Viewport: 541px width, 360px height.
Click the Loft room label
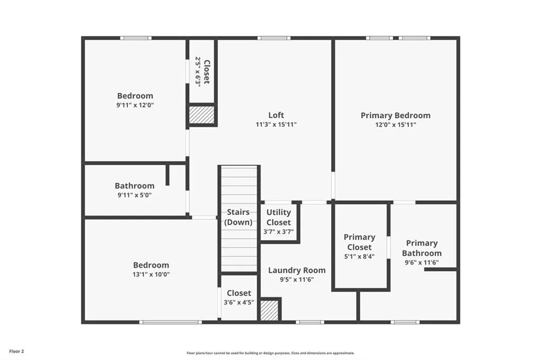tap(276, 115)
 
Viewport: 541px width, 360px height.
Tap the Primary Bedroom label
tap(395, 115)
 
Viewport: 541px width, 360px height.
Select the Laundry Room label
tap(296, 270)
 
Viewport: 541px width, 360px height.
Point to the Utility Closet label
tap(278, 217)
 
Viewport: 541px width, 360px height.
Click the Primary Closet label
tap(359, 242)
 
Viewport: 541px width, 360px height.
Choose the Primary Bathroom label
tap(422, 248)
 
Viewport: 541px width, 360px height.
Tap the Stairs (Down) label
tap(238, 217)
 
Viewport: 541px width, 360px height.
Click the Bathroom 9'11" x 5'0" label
tap(135, 186)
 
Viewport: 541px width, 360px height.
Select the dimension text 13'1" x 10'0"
tap(151, 274)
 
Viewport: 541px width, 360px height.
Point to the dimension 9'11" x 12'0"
tap(135, 105)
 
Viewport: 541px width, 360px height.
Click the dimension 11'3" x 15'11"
tap(276, 125)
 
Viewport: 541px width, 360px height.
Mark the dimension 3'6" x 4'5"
tap(239, 302)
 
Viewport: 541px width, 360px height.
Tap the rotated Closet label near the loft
tap(207, 72)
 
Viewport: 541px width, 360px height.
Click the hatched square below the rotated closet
tap(202, 116)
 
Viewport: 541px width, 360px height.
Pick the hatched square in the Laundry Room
tap(269, 310)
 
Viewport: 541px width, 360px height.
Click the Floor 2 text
tap(16, 351)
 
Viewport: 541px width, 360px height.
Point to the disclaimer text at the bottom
tap(270, 353)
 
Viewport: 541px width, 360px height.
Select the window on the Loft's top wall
tap(273, 38)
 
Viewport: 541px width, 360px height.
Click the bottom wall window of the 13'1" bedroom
tap(170, 322)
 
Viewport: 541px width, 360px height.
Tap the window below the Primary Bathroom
tap(405, 322)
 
